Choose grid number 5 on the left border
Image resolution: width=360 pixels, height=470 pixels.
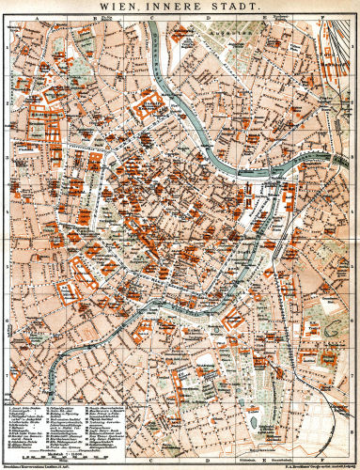tap(5, 272)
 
